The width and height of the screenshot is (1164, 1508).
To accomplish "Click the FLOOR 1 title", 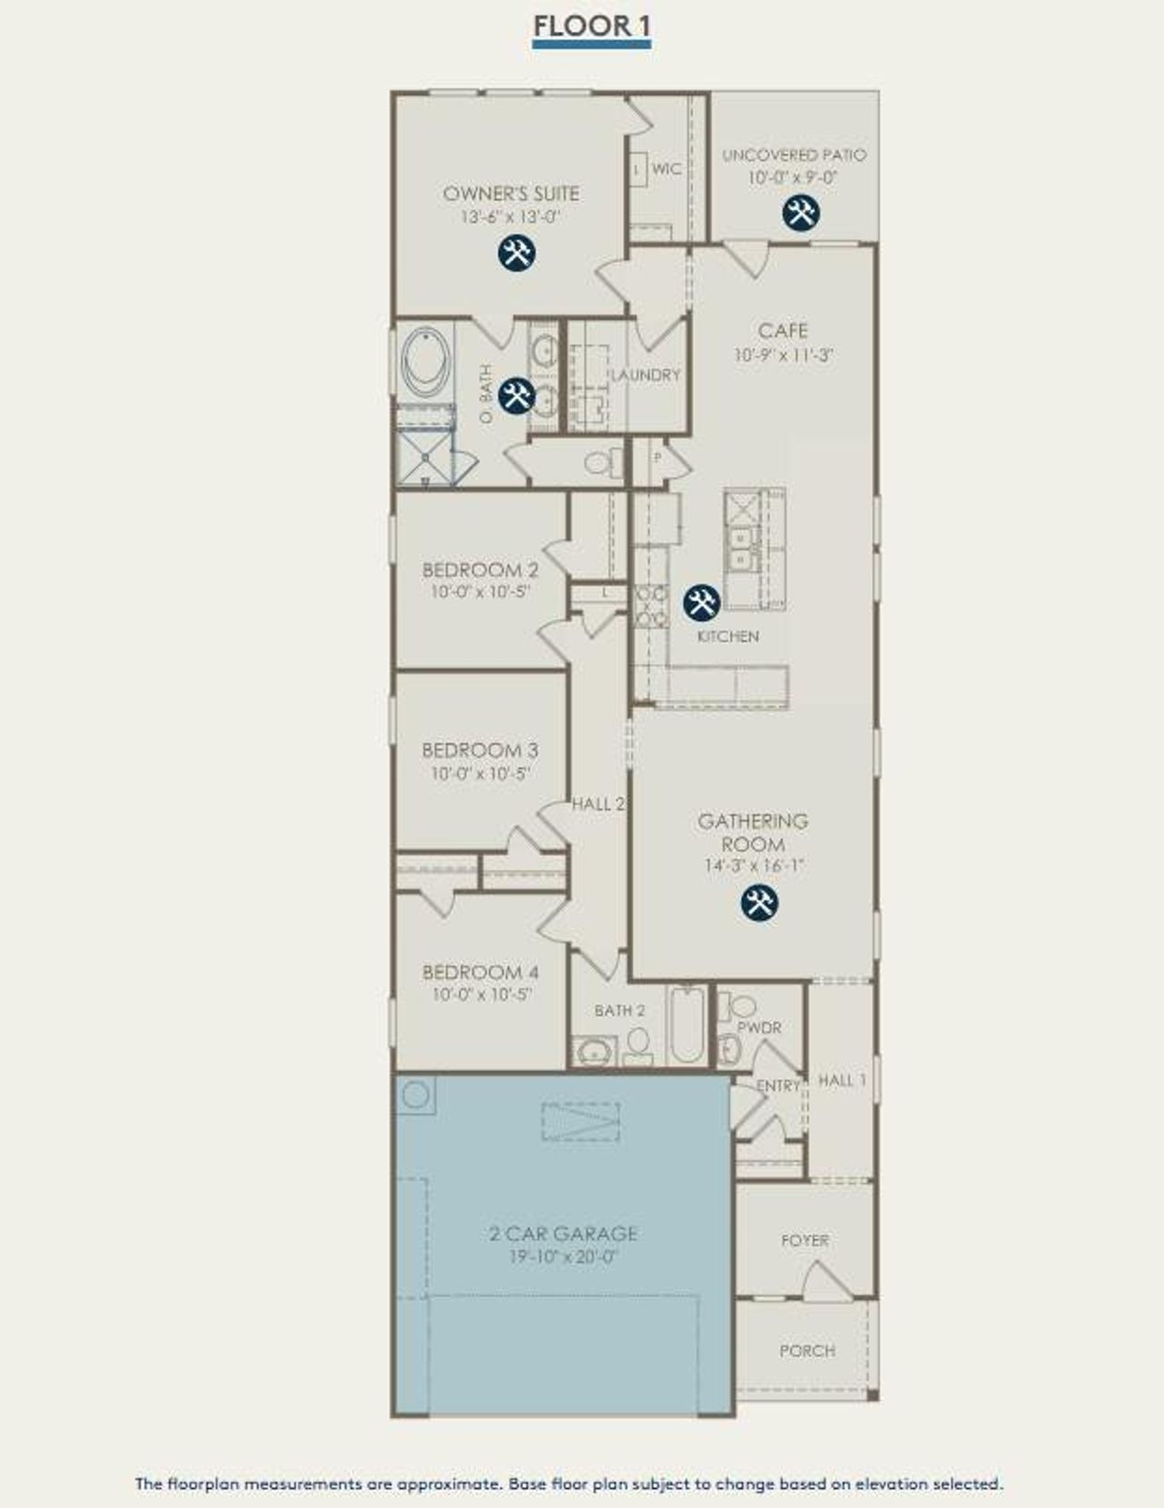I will [591, 27].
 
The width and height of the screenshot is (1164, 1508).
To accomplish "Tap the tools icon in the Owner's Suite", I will [517, 252].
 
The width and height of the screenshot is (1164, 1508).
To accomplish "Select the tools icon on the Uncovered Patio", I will [801, 212].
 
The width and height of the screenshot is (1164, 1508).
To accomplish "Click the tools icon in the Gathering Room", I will [759, 903].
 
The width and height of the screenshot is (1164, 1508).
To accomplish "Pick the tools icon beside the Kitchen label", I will [701, 601].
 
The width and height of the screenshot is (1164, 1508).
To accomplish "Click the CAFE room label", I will [783, 331].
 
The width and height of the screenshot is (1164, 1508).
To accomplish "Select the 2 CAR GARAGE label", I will [563, 1233].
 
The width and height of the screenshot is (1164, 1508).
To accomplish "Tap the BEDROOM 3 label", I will [480, 750].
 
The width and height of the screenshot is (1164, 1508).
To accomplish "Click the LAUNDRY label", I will [645, 375].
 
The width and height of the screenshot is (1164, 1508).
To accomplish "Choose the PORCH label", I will [807, 1351].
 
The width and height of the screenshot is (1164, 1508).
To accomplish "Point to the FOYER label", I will [805, 1240].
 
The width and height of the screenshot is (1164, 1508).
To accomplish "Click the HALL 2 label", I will [598, 804].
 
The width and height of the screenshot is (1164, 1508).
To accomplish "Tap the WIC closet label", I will [667, 169].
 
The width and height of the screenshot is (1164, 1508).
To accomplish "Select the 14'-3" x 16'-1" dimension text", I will [754, 866].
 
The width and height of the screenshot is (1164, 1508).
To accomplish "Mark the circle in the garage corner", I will [416, 1094].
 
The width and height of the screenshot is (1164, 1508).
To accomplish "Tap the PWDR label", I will [759, 1027].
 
